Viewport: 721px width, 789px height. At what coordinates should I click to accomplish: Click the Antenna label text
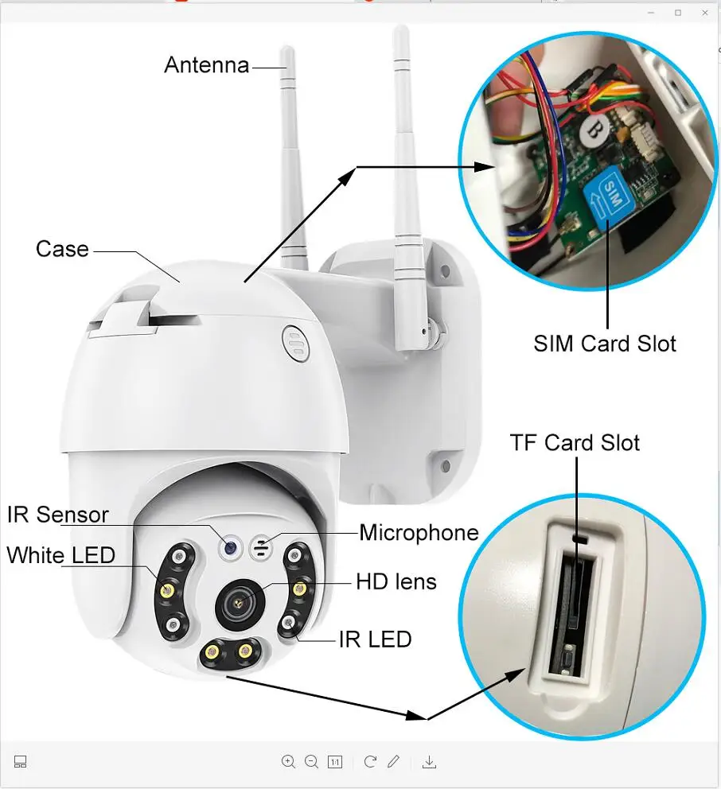click(x=206, y=64)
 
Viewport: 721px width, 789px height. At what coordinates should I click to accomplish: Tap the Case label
click(x=62, y=249)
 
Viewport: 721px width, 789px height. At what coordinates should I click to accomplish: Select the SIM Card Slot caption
click(x=605, y=344)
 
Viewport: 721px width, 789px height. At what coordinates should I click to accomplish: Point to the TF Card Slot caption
click(x=575, y=442)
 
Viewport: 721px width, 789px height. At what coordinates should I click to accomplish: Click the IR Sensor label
click(x=58, y=515)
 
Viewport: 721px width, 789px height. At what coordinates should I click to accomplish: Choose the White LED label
click(x=61, y=555)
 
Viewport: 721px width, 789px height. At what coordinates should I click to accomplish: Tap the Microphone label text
click(x=419, y=532)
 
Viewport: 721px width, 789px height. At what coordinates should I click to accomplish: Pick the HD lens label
click(x=396, y=582)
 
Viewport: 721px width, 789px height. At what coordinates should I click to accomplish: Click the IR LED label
click(x=375, y=638)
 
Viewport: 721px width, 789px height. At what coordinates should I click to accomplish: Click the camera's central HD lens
click(x=236, y=604)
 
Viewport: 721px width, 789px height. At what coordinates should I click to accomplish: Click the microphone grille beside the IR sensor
click(x=259, y=547)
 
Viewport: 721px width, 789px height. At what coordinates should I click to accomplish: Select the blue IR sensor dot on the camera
click(x=230, y=547)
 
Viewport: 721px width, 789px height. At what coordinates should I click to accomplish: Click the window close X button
click(x=704, y=13)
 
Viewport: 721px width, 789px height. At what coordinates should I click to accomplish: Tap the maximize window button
click(x=678, y=13)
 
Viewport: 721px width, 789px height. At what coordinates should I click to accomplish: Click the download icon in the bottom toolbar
click(x=429, y=762)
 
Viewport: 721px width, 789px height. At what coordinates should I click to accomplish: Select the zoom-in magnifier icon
click(x=288, y=762)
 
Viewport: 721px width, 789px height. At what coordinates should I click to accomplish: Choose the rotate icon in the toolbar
click(x=370, y=762)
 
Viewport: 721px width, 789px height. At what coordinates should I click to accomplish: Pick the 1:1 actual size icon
click(x=335, y=762)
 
